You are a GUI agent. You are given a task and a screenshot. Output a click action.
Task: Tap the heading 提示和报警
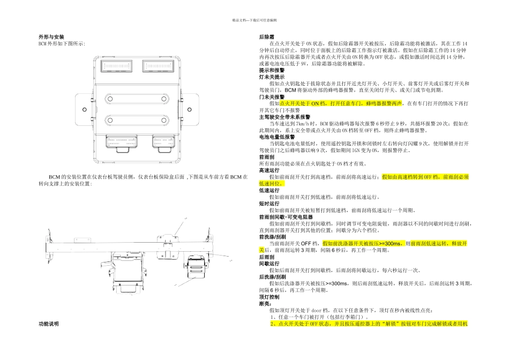point(272,70)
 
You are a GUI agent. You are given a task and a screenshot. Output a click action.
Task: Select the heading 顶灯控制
point(269,296)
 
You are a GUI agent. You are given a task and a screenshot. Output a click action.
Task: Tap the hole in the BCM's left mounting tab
point(84,107)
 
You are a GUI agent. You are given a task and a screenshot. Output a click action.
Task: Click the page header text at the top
point(254,19)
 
